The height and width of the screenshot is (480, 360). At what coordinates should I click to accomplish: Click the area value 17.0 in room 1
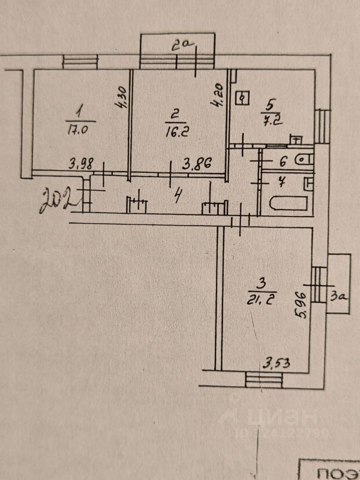click(77, 130)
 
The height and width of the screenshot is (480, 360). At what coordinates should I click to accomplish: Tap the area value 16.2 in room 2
click(174, 132)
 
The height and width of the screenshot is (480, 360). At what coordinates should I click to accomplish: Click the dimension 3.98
click(82, 163)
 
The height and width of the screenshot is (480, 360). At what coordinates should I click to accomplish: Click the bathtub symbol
click(288, 203)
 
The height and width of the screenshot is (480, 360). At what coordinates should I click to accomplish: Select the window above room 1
click(80, 62)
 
